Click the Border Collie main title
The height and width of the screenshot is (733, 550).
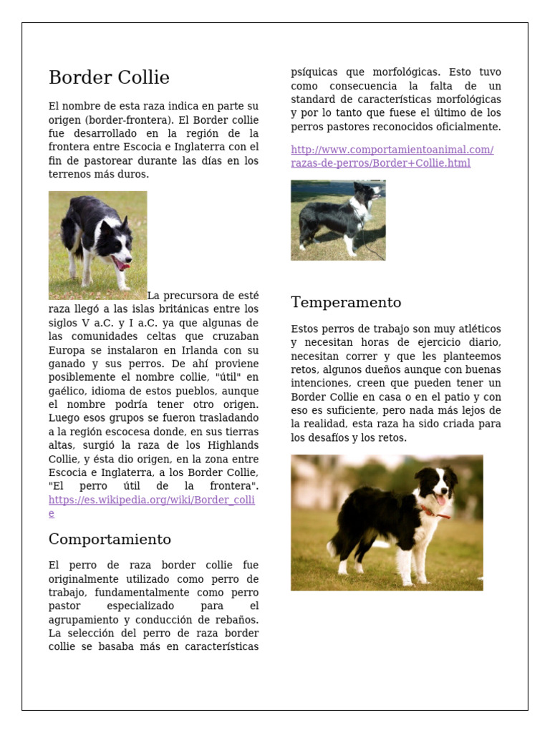(109, 78)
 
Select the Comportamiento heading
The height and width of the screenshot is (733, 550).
(110, 539)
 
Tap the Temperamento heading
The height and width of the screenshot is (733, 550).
(346, 302)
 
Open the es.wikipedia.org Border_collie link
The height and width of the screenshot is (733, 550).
(151, 500)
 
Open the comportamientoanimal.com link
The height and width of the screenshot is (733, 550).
(392, 150)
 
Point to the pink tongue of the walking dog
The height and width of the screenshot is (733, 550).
(122, 266)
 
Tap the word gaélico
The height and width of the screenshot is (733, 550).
(68, 391)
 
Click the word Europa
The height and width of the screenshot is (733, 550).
(67, 350)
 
